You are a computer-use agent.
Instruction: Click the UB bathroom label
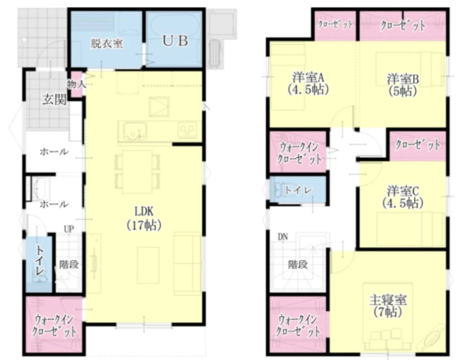pos(175,41)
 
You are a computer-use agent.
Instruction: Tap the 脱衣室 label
pos(107,44)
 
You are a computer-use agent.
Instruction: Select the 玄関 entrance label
pos(54,100)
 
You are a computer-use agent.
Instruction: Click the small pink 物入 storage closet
pos(77,84)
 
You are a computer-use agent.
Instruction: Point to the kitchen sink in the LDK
pos(135,131)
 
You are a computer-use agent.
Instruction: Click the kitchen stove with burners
pos(187,130)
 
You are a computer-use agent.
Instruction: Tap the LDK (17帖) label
pos(144,218)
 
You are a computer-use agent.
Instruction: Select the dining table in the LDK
pos(138,172)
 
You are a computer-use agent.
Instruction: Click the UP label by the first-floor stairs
pos(69,228)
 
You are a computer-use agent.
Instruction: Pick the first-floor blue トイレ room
pos(39,264)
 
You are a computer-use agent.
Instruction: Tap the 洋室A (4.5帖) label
pos(307,83)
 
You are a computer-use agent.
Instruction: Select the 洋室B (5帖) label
pos(403,85)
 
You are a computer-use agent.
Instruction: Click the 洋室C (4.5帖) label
pos(403,197)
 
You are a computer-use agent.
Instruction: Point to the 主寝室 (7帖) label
pos(388,306)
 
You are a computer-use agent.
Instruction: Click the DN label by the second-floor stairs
pos(283,237)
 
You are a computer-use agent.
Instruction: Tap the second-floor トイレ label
pos(298,190)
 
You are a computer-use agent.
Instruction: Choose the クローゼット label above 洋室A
pos(335,25)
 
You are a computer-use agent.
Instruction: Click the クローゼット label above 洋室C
pos(418,145)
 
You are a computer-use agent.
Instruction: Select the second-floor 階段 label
pos(298,265)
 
